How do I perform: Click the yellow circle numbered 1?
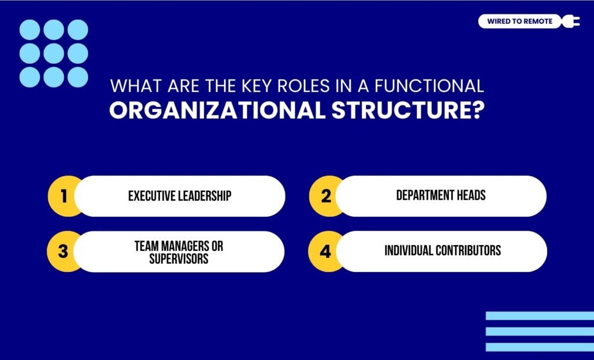(63, 196)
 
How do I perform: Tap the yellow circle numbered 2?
(326, 196)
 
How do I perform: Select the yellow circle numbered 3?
(63, 252)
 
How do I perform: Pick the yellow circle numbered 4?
(326, 252)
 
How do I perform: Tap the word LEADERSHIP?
(205, 196)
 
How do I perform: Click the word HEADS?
(470, 195)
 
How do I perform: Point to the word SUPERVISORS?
(179, 259)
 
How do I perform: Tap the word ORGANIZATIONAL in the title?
(218, 110)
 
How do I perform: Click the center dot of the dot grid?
(53, 53)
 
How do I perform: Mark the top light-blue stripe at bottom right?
(539, 316)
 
